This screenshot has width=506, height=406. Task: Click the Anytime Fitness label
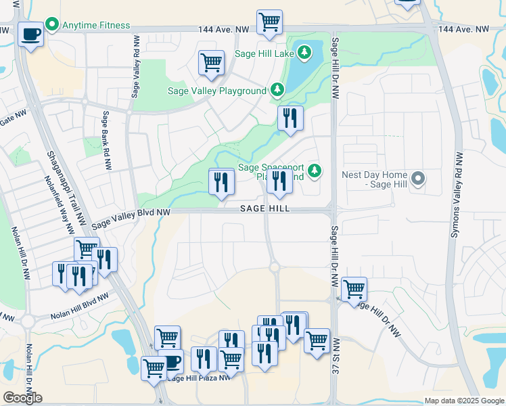[95, 25]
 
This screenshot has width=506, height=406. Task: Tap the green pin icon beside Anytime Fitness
[52, 25]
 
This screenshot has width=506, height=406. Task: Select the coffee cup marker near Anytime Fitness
[30, 33]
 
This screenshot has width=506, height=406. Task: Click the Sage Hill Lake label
[265, 52]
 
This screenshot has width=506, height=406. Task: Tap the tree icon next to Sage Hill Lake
[304, 51]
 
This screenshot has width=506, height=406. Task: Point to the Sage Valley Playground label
[217, 91]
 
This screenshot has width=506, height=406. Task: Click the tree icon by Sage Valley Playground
[276, 89]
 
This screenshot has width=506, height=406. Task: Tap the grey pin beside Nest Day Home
[418, 179]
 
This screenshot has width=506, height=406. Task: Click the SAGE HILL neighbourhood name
[265, 209]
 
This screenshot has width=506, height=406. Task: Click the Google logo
[22, 398]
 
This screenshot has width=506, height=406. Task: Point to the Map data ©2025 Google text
[463, 401]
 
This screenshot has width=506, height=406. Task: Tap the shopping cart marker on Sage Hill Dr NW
[354, 290]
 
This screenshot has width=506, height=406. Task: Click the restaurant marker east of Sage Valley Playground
[290, 118]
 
